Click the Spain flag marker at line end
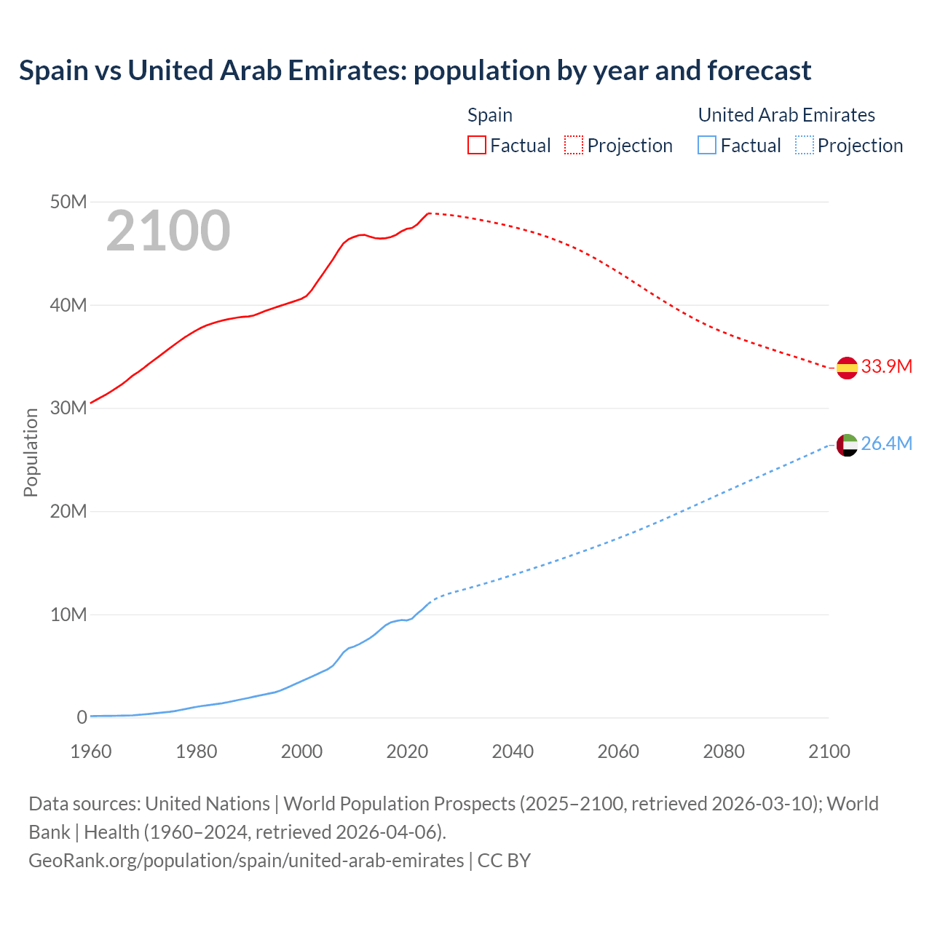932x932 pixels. [847, 368]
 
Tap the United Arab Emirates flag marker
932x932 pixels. [847, 444]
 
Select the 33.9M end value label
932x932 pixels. [886, 366]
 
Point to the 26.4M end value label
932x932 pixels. [886, 443]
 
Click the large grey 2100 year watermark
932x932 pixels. [168, 232]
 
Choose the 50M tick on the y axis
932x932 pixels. [68, 202]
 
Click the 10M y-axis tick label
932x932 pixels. [68, 615]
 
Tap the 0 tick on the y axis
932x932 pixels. [82, 717]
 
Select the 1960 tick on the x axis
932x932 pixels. [91, 751]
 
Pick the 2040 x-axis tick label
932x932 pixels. [513, 751]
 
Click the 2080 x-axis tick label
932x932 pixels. [724, 751]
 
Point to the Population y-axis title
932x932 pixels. [31, 452]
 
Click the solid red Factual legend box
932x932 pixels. [476, 146]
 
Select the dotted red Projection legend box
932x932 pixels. [574, 146]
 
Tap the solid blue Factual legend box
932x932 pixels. [707, 146]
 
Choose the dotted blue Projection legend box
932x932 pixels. [805, 146]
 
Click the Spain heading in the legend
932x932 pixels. [490, 115]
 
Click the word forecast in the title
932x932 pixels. [759, 71]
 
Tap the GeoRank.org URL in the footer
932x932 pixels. [246, 861]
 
